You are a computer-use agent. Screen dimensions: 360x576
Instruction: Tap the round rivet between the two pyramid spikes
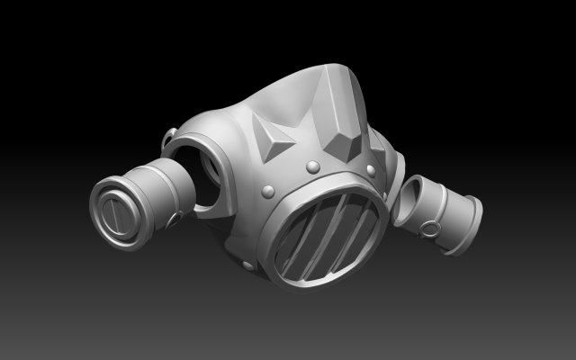click(x=312, y=166)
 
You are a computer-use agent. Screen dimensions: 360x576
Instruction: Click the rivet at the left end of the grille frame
click(x=268, y=190)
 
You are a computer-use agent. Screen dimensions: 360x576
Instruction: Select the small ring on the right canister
click(x=434, y=230)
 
